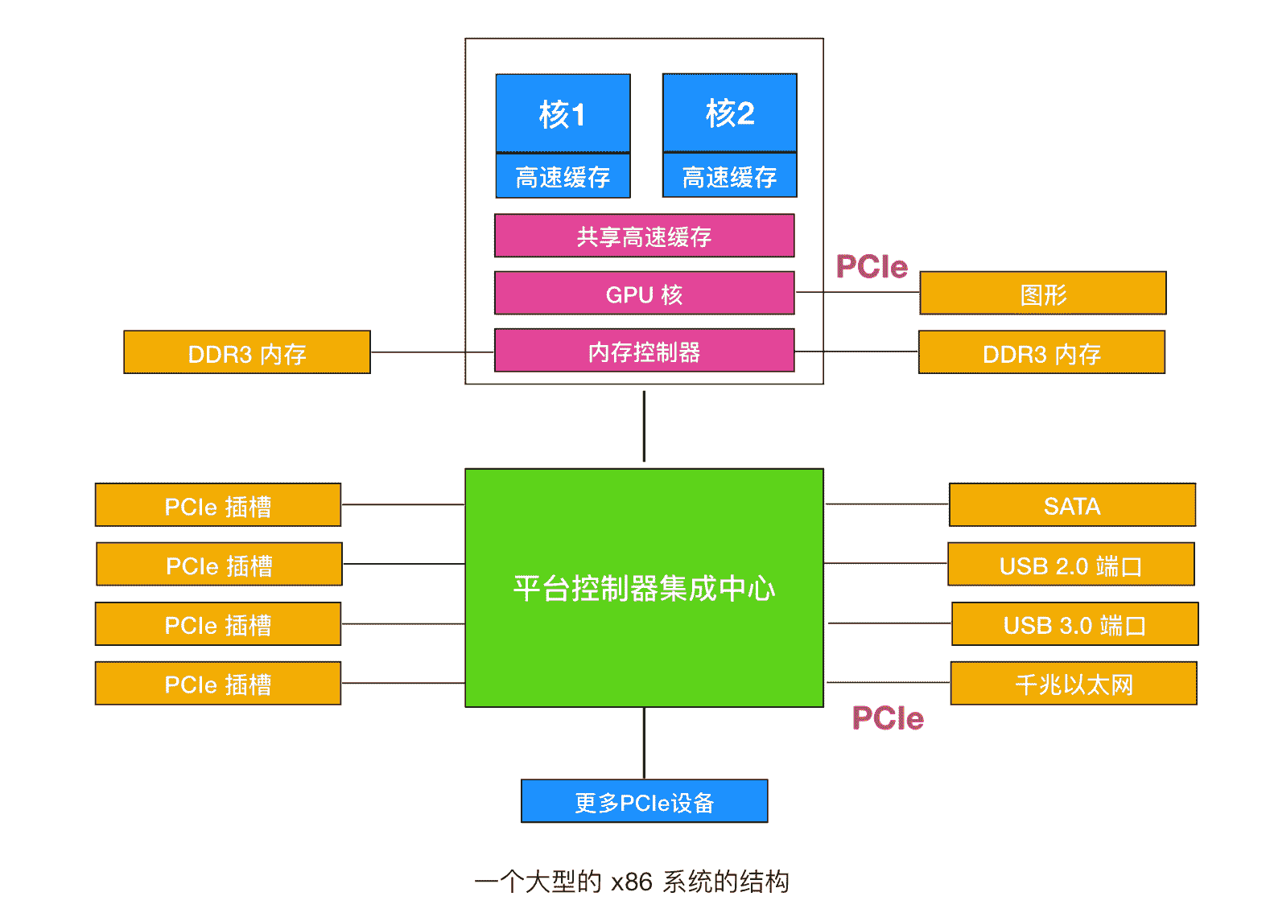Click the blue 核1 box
tap(563, 113)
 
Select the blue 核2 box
tap(729, 113)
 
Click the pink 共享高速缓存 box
tap(644, 236)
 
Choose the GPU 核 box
tap(644, 294)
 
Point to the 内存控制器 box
tap(644, 352)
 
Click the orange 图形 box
tap(1042, 294)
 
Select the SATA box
tap(1071, 505)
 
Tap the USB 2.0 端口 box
tap(1070, 565)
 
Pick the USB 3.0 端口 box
tap(1074, 624)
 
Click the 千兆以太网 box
tap(1073, 684)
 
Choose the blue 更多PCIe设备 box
tap(644, 801)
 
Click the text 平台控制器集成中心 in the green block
tap(644, 588)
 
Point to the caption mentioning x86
tap(633, 882)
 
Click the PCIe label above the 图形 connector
tap(872, 266)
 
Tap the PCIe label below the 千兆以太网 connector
tap(888, 718)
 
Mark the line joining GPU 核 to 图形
tap(857, 292)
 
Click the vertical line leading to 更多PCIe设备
tap(644, 743)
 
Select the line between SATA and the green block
tap(886, 504)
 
